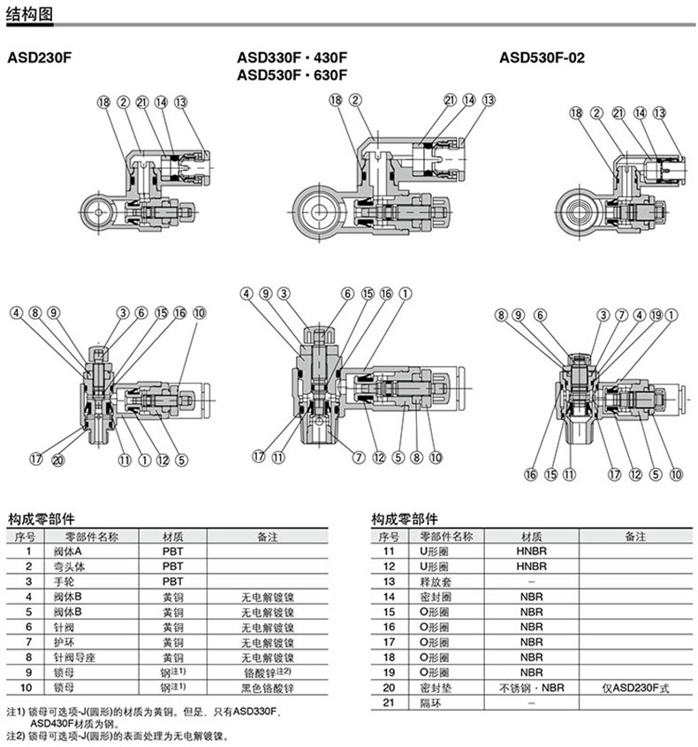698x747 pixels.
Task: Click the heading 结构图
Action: [x=30, y=12]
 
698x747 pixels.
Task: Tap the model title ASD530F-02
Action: [x=542, y=59]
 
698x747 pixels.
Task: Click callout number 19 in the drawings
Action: [x=656, y=314]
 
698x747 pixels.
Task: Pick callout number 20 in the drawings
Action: [x=57, y=459]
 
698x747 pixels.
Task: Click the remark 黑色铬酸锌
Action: [x=266, y=687]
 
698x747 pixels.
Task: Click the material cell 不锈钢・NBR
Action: [x=531, y=687]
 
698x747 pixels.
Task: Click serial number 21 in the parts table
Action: [x=386, y=702]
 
